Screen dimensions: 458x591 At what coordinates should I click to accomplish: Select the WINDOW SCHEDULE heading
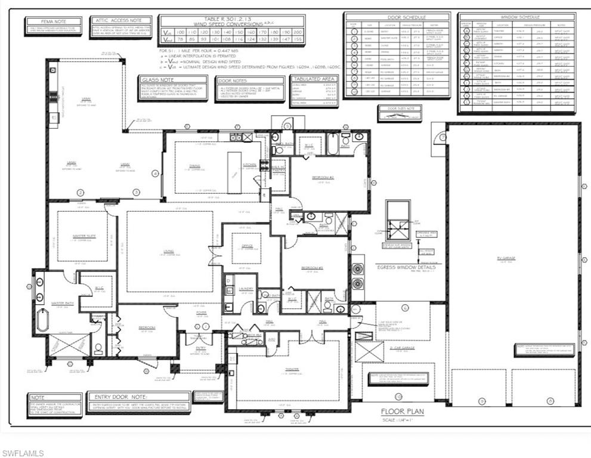517,17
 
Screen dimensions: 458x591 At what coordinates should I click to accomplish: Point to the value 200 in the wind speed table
298,31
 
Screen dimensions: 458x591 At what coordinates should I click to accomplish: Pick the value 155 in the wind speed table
298,39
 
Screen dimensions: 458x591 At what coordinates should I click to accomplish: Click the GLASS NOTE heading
157,79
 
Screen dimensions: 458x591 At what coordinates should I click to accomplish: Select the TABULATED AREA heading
313,79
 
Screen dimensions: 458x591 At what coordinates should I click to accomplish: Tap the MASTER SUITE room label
83,236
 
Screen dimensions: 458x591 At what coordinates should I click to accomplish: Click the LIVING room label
169,251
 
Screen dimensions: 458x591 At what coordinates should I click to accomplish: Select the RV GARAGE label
508,258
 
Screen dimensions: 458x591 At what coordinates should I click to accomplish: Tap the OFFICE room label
246,244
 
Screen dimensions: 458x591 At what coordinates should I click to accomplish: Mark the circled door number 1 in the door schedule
354,31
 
